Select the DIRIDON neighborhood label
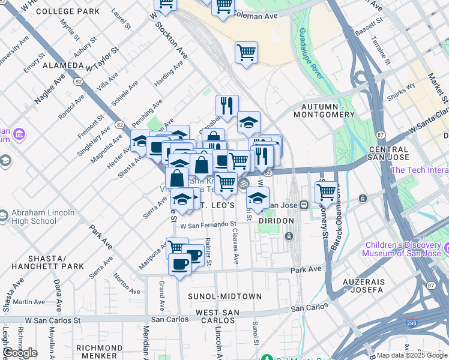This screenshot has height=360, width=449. pyautogui.click(x=276, y=221)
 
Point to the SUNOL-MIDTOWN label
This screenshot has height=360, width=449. pyautogui.click(x=224, y=296)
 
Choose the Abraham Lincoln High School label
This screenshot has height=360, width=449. pyautogui.click(x=37, y=217)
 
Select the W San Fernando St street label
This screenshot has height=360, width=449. pyautogui.click(x=208, y=225)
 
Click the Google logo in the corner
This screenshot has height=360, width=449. pyautogui.click(x=20, y=353)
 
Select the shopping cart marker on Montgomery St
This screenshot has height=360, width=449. pyautogui.click(x=326, y=192)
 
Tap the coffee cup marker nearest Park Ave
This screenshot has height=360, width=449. pyautogui.click(x=179, y=264)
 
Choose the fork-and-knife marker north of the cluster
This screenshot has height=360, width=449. pyautogui.click(x=227, y=106)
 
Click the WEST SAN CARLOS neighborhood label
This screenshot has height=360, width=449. pyautogui.click(x=217, y=316)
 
